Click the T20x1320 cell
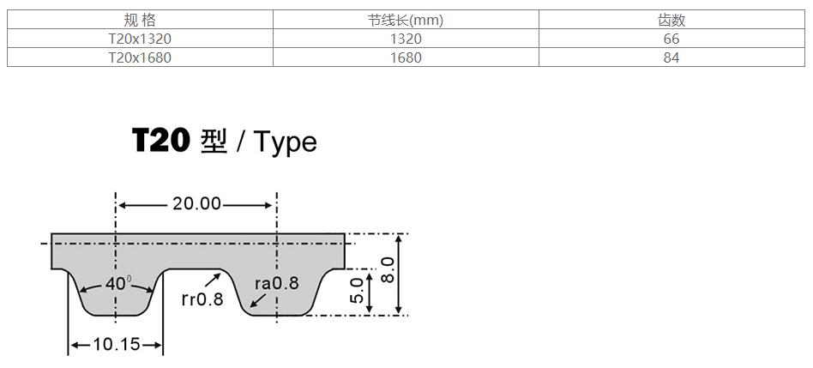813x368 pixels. [x=140, y=39]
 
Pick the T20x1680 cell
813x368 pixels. [x=140, y=57]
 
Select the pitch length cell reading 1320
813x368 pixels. [x=406, y=39]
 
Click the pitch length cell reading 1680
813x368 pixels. [x=406, y=57]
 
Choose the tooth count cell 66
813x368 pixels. [x=671, y=39]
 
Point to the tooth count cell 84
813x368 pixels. [x=671, y=57]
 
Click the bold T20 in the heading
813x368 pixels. [x=160, y=141]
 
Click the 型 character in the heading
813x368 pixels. [x=213, y=141]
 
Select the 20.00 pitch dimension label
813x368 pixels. [x=196, y=204]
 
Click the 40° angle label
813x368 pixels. [x=117, y=283]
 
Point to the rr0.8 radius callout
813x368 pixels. [x=202, y=299]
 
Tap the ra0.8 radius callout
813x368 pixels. [x=276, y=283]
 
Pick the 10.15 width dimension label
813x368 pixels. [x=116, y=345]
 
